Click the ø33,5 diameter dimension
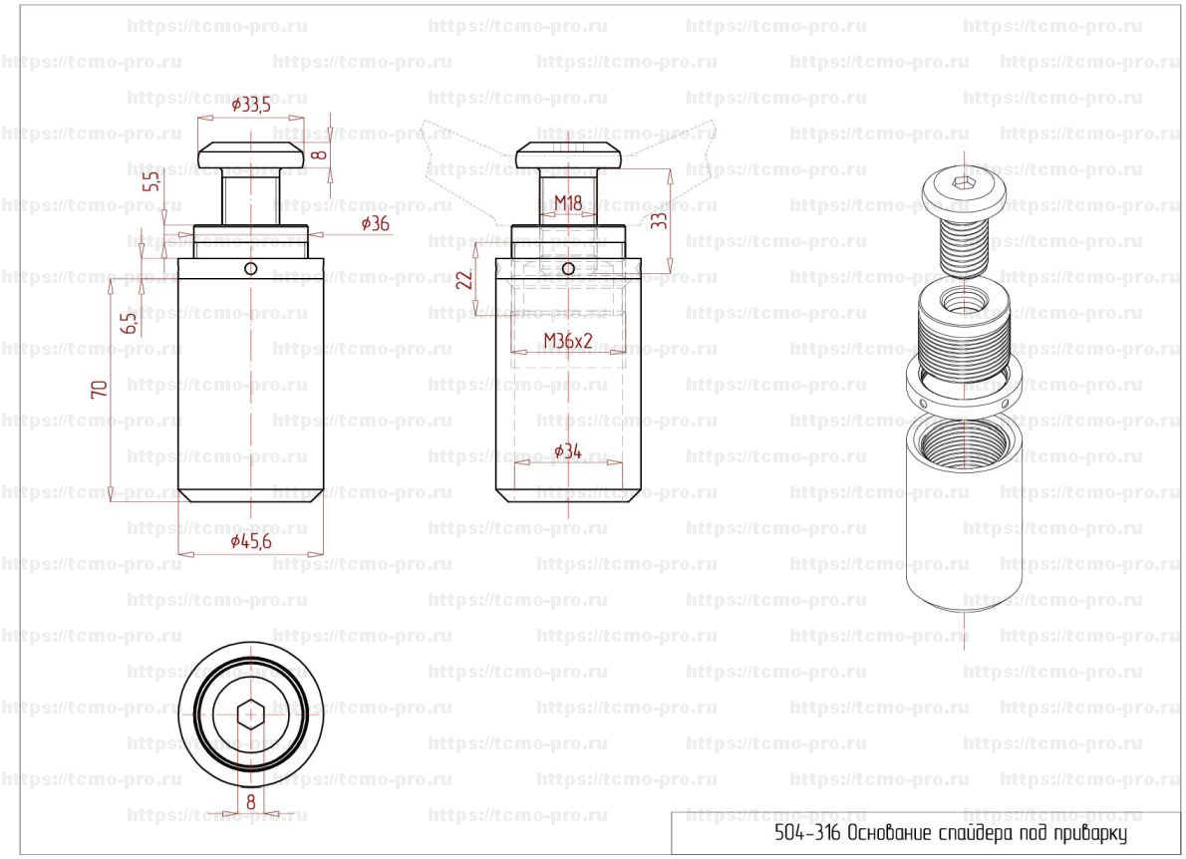251,105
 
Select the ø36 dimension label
375,223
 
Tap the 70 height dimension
99,390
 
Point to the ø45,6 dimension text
251,541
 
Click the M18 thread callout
568,202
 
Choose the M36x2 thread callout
568,341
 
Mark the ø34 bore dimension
568,451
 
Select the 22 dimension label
465,278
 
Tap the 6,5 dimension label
130,323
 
